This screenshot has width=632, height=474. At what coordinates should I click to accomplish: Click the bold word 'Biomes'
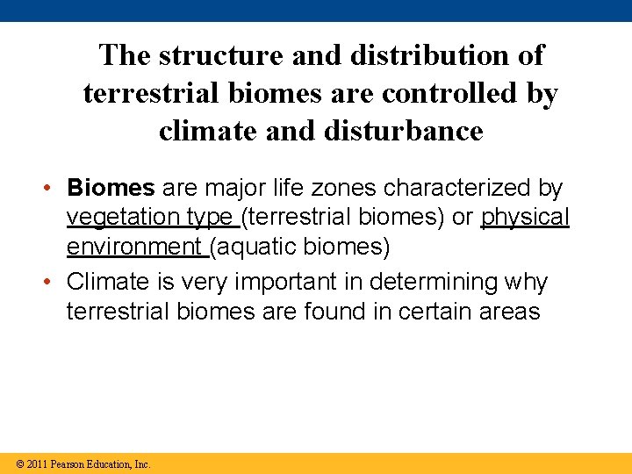pyautogui.click(x=111, y=188)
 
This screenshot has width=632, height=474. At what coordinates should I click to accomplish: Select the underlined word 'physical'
pyautogui.click(x=525, y=217)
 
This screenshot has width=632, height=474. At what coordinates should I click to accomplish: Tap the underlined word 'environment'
pyautogui.click(x=133, y=247)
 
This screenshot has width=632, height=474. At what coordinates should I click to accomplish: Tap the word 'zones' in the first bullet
pyautogui.click(x=338, y=188)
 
